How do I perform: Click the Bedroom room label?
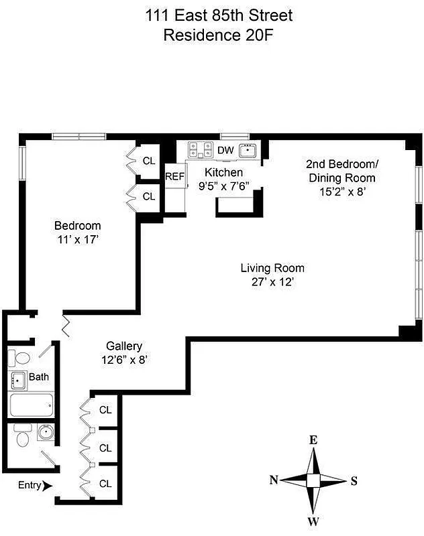[77, 226]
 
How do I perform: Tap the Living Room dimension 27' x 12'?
[268, 282]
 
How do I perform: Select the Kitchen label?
[223, 173]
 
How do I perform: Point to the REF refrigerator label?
[174, 176]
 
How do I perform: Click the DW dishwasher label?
[226, 150]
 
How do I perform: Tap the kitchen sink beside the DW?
[248, 150]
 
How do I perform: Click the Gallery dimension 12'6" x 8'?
[123, 359]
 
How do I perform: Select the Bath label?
[38, 377]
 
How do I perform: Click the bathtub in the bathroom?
[32, 405]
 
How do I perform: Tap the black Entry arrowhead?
[46, 486]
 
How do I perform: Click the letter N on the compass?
[274, 480]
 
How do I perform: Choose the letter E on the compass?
[313, 440]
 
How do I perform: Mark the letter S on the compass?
[354, 480]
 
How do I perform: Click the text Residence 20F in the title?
[218, 35]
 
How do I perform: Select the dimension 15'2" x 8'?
[341, 192]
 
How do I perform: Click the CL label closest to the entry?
[105, 483]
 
